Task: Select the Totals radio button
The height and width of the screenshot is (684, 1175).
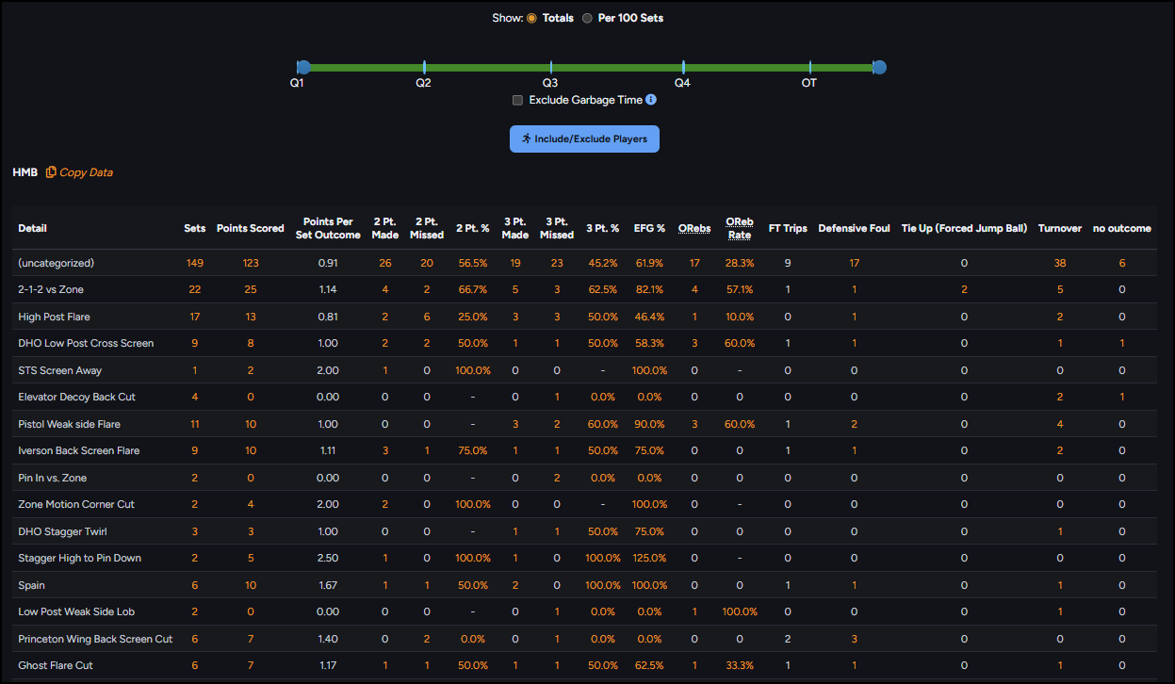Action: [531, 18]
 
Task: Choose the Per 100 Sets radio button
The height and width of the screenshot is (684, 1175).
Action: [587, 18]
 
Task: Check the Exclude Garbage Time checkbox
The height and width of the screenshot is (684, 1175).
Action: [517, 100]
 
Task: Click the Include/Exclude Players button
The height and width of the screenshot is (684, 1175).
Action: [584, 139]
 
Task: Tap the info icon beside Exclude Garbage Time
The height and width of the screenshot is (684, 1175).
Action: [651, 100]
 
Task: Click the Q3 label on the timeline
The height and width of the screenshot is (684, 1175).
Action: [549, 83]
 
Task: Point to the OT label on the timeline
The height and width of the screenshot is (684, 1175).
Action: [808, 83]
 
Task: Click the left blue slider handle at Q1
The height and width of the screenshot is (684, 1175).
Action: [303, 67]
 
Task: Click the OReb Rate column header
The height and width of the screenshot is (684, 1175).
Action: [739, 228]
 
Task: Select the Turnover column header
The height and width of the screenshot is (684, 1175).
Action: [1060, 228]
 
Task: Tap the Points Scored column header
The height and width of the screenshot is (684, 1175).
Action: [251, 228]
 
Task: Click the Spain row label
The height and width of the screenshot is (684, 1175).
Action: [31, 585]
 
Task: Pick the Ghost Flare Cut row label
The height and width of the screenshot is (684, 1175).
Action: [56, 665]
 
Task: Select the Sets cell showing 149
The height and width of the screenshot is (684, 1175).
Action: [195, 263]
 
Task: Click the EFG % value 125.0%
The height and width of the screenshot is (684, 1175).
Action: [649, 558]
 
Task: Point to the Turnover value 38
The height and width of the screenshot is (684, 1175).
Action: [1060, 263]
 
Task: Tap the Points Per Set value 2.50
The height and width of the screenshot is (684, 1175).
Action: [328, 558]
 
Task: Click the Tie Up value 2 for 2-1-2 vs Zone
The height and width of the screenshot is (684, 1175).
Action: [964, 289]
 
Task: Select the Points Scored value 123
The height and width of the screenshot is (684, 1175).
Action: [251, 263]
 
